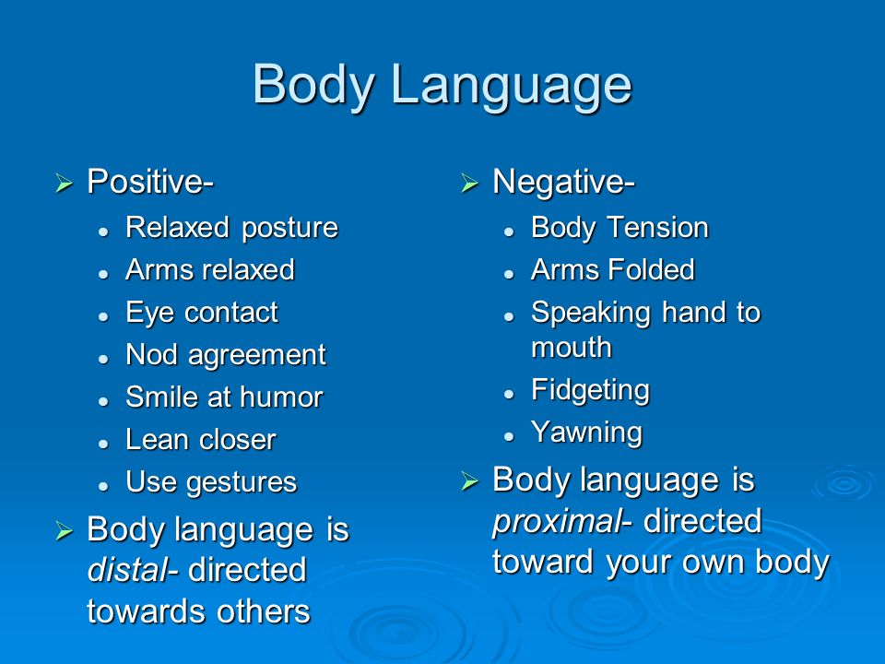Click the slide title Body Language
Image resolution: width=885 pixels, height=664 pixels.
pos(442,84)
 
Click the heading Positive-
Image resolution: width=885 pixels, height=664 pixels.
pos(150,182)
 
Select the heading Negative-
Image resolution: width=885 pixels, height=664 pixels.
pos(563,182)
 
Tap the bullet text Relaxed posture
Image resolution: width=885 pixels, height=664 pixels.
pos(231,228)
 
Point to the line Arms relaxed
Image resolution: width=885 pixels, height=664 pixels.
pos(209,270)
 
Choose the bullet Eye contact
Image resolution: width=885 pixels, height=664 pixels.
pos(201,313)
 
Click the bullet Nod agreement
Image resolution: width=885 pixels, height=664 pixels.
pos(225,355)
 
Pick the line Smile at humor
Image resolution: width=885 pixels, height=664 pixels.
pos(224,397)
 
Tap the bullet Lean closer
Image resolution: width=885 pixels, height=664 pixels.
pos(200,440)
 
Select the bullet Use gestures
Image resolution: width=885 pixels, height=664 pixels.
pos(211,482)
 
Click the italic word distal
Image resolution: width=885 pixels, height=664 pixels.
pos(127,570)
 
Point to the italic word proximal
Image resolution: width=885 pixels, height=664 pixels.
pos(557,521)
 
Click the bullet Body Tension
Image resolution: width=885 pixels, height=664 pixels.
pos(619,228)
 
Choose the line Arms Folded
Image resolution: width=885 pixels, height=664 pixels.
pos(612,270)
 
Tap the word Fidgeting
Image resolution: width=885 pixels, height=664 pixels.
pos(590,390)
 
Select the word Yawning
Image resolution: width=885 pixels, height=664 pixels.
pos(586,433)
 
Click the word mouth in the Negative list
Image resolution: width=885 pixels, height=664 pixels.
pos(572,348)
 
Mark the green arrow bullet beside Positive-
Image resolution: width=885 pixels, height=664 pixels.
pos(64,184)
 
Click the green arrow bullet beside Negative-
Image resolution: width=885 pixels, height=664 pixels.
pos(470,184)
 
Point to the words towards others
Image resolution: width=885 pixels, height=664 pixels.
pos(198,611)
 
